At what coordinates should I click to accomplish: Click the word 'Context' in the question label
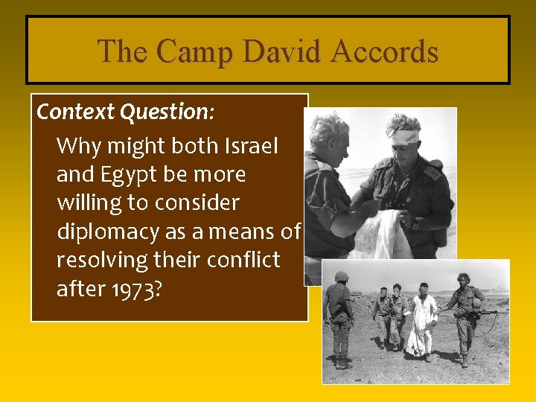(74, 112)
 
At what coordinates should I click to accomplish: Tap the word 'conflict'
(244, 260)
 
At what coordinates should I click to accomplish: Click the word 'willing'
(91, 202)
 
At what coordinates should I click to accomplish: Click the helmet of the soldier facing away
(342, 277)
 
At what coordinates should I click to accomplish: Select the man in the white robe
(422, 320)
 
